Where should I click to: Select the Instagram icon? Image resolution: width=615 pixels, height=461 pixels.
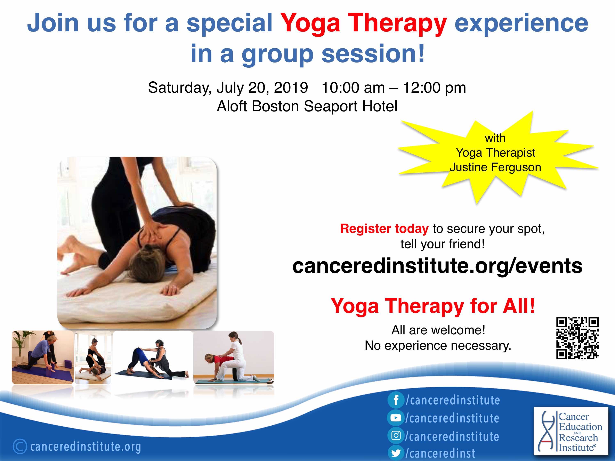396,435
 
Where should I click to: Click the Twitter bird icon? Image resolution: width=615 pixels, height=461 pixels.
396,453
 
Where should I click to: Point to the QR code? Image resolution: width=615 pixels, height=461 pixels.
577,338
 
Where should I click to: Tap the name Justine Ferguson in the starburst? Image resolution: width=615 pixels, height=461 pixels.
495,167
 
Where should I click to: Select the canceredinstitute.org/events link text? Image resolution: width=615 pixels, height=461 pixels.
437,266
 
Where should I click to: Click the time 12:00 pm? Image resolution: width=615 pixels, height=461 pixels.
434,88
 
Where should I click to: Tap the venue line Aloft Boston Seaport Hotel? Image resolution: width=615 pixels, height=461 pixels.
307,106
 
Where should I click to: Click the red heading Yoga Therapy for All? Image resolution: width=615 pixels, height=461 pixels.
433,306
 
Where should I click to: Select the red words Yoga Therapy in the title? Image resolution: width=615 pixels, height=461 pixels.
363,23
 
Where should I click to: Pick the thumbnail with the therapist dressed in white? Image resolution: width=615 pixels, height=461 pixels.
234,357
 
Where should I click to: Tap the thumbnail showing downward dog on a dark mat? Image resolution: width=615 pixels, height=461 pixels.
153,357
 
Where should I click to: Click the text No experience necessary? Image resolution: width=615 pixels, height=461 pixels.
438,346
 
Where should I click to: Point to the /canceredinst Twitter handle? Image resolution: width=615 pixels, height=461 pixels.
440,453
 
